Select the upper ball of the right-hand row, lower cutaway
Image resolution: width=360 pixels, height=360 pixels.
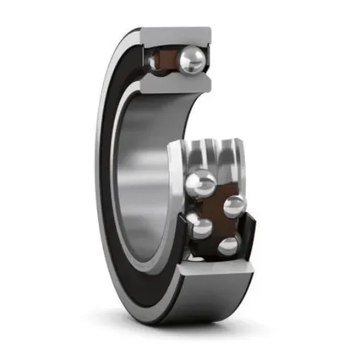[x=235, y=206]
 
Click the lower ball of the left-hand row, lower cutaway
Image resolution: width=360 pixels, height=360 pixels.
[x=200, y=227]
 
